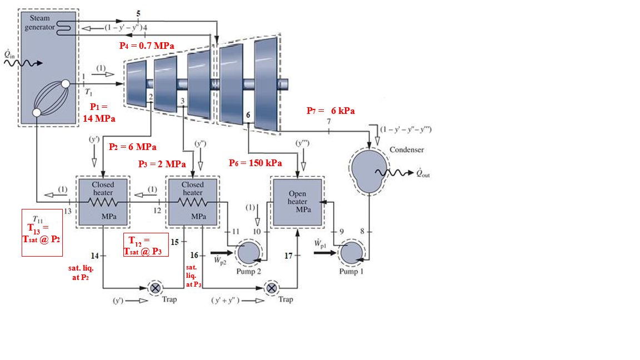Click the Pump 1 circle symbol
coord(351,254)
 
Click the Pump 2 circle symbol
coord(247,254)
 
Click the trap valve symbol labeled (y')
coord(156,288)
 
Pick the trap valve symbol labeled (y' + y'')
coord(272,288)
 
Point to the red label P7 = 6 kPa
coord(331,111)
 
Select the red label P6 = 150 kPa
coord(255,163)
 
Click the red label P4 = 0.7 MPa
coord(146,46)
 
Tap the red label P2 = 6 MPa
coord(132,147)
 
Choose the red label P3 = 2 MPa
coord(162,164)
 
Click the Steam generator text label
coord(39,22)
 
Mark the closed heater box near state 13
coord(103,202)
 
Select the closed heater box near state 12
coord(193,202)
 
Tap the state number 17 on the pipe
coord(288,256)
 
